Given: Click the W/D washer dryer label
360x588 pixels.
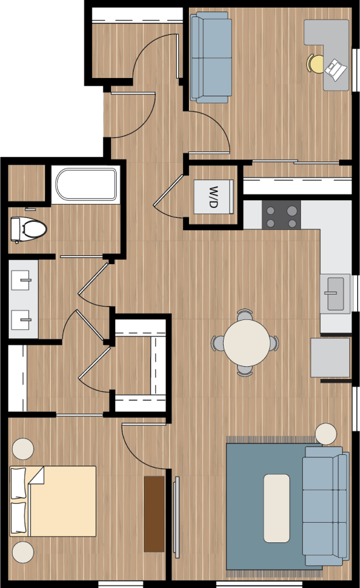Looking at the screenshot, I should tap(214, 196).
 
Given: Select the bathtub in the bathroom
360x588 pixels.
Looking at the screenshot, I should tap(86, 184).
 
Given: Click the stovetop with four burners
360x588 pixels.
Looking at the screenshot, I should tap(281, 215).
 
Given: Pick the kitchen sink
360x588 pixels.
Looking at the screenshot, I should tap(335, 293).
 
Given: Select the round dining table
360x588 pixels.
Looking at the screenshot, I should tap(245, 342).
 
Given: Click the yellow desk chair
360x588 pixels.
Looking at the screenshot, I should tap(315, 63).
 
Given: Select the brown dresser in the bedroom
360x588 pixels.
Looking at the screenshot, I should tap(154, 514).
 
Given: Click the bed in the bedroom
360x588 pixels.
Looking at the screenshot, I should tap(54, 501).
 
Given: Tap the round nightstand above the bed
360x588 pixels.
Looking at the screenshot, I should tap(23, 449).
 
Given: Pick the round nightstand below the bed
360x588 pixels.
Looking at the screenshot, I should tap(23, 552).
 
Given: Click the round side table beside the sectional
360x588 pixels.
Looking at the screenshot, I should tap(326, 434).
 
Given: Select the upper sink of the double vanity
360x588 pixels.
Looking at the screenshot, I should tap(22, 279).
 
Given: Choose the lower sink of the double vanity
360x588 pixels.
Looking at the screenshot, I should tap(22, 320).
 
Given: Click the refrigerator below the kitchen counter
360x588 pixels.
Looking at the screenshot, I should tap(330, 357).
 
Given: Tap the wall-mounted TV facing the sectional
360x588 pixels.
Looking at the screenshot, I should tap(176, 517).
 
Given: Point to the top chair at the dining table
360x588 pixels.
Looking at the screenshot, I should tap(245, 314).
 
